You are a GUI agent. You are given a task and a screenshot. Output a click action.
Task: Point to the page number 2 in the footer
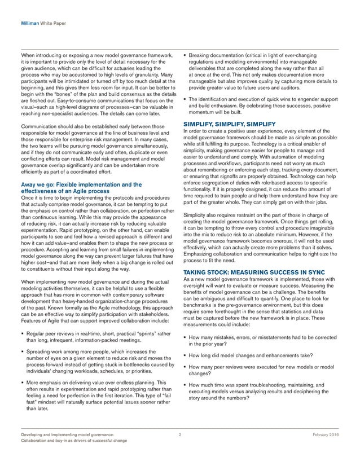tap(179, 435)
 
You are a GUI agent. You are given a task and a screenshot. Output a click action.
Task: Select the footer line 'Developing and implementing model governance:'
tap(67, 435)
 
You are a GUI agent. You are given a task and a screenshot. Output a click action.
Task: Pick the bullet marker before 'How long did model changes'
tap(186, 355)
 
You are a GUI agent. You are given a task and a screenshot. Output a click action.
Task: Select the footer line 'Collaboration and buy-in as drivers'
tap(73, 441)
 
